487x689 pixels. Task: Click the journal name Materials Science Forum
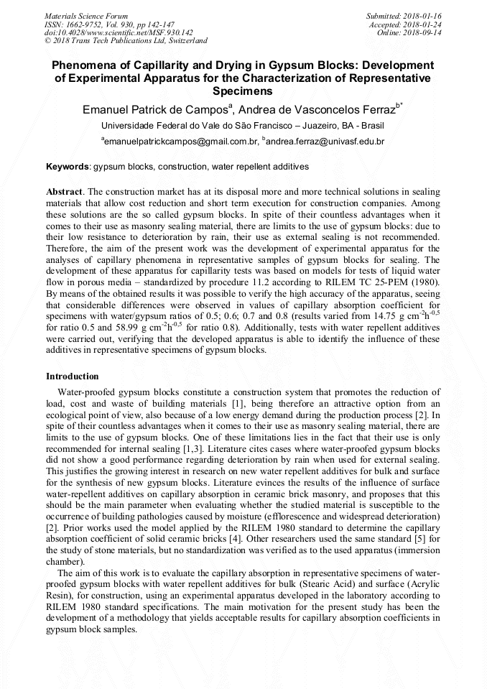coord(85,15)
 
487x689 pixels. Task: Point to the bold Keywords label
coord(68,167)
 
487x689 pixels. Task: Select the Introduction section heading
coord(73,376)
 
